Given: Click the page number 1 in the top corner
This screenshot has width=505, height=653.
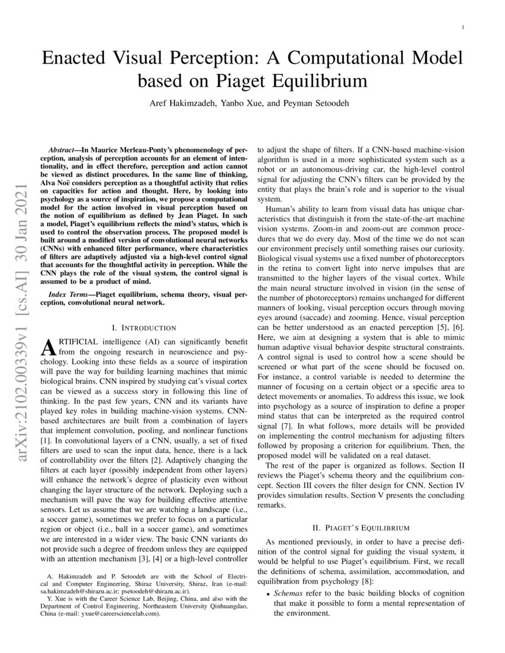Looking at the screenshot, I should (463, 27).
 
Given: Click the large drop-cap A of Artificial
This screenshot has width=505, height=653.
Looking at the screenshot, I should (52, 348).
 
